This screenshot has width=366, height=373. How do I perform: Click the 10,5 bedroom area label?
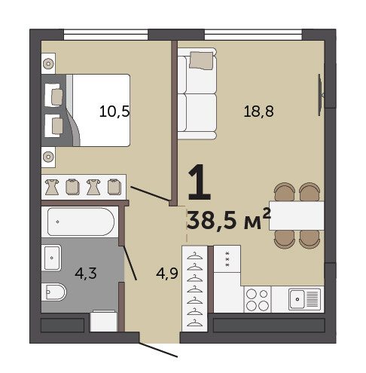point(114,112)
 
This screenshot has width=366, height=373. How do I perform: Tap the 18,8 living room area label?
point(258,112)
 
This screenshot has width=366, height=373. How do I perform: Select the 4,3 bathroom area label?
point(86,273)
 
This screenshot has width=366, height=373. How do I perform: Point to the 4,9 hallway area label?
point(167,273)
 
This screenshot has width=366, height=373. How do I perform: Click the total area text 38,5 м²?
point(229,219)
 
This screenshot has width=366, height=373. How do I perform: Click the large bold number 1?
point(200,182)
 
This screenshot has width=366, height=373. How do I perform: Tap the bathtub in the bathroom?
point(81,222)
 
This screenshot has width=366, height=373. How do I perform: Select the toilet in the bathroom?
point(53,292)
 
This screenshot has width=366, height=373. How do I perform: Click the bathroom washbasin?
point(51,258)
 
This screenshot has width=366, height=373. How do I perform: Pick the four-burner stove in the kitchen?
point(258,299)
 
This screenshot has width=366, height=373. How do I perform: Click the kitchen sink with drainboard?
point(304,299)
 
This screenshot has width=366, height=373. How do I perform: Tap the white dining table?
point(297,216)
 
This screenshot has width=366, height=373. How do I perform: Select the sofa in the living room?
point(197,93)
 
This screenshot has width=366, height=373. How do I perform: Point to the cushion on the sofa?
point(201,60)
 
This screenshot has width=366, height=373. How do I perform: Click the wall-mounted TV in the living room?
point(320,95)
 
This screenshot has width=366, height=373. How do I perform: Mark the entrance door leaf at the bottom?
point(158,350)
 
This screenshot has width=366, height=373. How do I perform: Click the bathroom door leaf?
point(130,263)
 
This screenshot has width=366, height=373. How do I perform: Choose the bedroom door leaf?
point(150,194)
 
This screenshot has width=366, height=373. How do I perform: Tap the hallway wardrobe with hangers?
point(195,289)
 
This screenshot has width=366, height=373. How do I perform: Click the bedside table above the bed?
point(48,63)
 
